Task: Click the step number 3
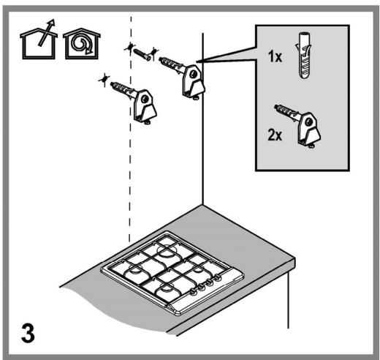point(28,333)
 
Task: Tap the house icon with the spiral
point(82,44)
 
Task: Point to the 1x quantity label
point(275,56)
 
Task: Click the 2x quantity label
point(275,135)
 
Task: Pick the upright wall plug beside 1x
point(304,55)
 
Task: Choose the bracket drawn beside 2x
point(297,127)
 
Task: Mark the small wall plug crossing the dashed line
point(142,54)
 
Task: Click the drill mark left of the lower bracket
point(104,79)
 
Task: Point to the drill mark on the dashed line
point(130,48)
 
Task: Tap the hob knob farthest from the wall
point(193,291)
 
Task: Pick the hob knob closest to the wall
point(218,278)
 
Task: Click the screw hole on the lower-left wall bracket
point(145,99)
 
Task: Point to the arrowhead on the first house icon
point(51,23)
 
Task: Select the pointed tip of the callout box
point(197,61)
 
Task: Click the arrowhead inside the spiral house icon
point(89,50)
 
